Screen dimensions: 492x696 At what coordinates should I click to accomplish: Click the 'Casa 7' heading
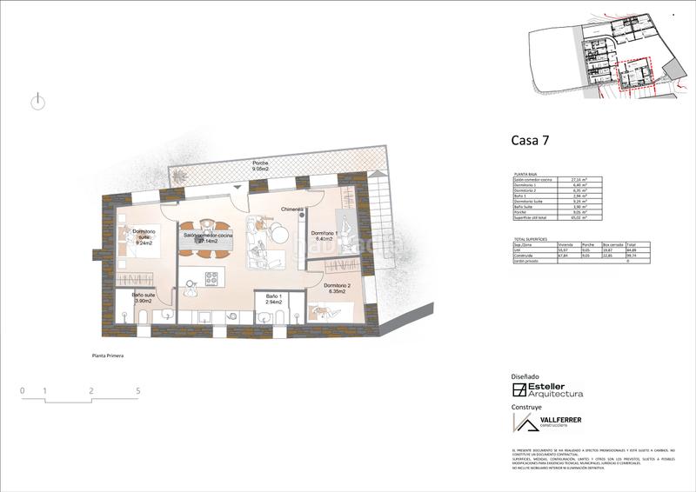coord(530,139)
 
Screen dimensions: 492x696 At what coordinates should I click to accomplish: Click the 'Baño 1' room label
coord(273,300)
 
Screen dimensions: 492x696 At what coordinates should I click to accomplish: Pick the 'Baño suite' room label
coord(144,298)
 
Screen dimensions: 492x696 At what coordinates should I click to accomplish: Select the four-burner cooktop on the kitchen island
coord(211,278)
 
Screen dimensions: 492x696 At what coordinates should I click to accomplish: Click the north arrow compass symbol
coord(37,102)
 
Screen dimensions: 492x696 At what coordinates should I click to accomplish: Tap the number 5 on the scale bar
coord(138,391)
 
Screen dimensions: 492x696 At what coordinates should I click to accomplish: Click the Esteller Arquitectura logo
coord(547,390)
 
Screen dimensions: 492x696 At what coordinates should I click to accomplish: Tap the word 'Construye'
coord(527,407)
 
